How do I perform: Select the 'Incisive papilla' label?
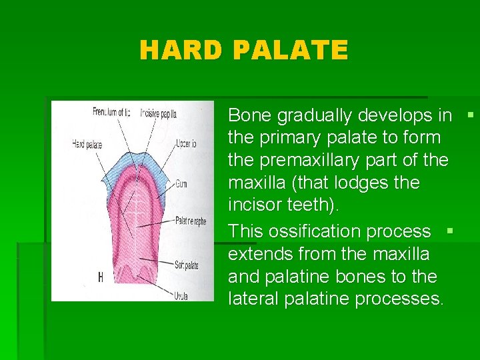coord(158,113)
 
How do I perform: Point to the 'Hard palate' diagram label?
coord(87,142)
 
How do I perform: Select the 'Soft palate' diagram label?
coord(187,265)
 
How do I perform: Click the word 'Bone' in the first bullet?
coord(250,115)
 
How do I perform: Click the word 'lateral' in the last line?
coord(250,299)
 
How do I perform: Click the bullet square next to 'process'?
coord(450,231)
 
